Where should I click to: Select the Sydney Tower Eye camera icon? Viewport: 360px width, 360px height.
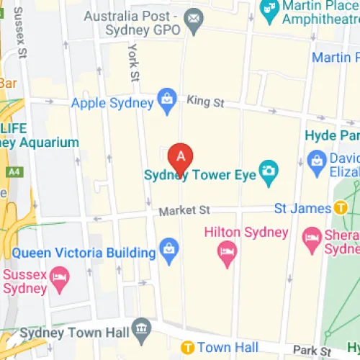269,171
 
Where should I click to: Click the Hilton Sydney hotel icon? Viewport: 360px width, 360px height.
227,251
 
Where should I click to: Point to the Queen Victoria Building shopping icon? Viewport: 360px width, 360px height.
169,249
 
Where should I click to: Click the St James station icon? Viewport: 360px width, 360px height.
343,208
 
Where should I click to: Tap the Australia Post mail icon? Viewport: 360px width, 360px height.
194,17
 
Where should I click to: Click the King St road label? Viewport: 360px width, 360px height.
205,102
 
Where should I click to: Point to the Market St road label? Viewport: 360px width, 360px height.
184,210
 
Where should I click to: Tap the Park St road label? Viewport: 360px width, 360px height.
316,350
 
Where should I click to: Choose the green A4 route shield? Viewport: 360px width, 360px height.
14,172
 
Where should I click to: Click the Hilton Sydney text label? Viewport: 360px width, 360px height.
246,233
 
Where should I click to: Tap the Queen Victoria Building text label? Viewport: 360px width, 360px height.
84,253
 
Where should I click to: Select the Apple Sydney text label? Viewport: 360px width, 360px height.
112,103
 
